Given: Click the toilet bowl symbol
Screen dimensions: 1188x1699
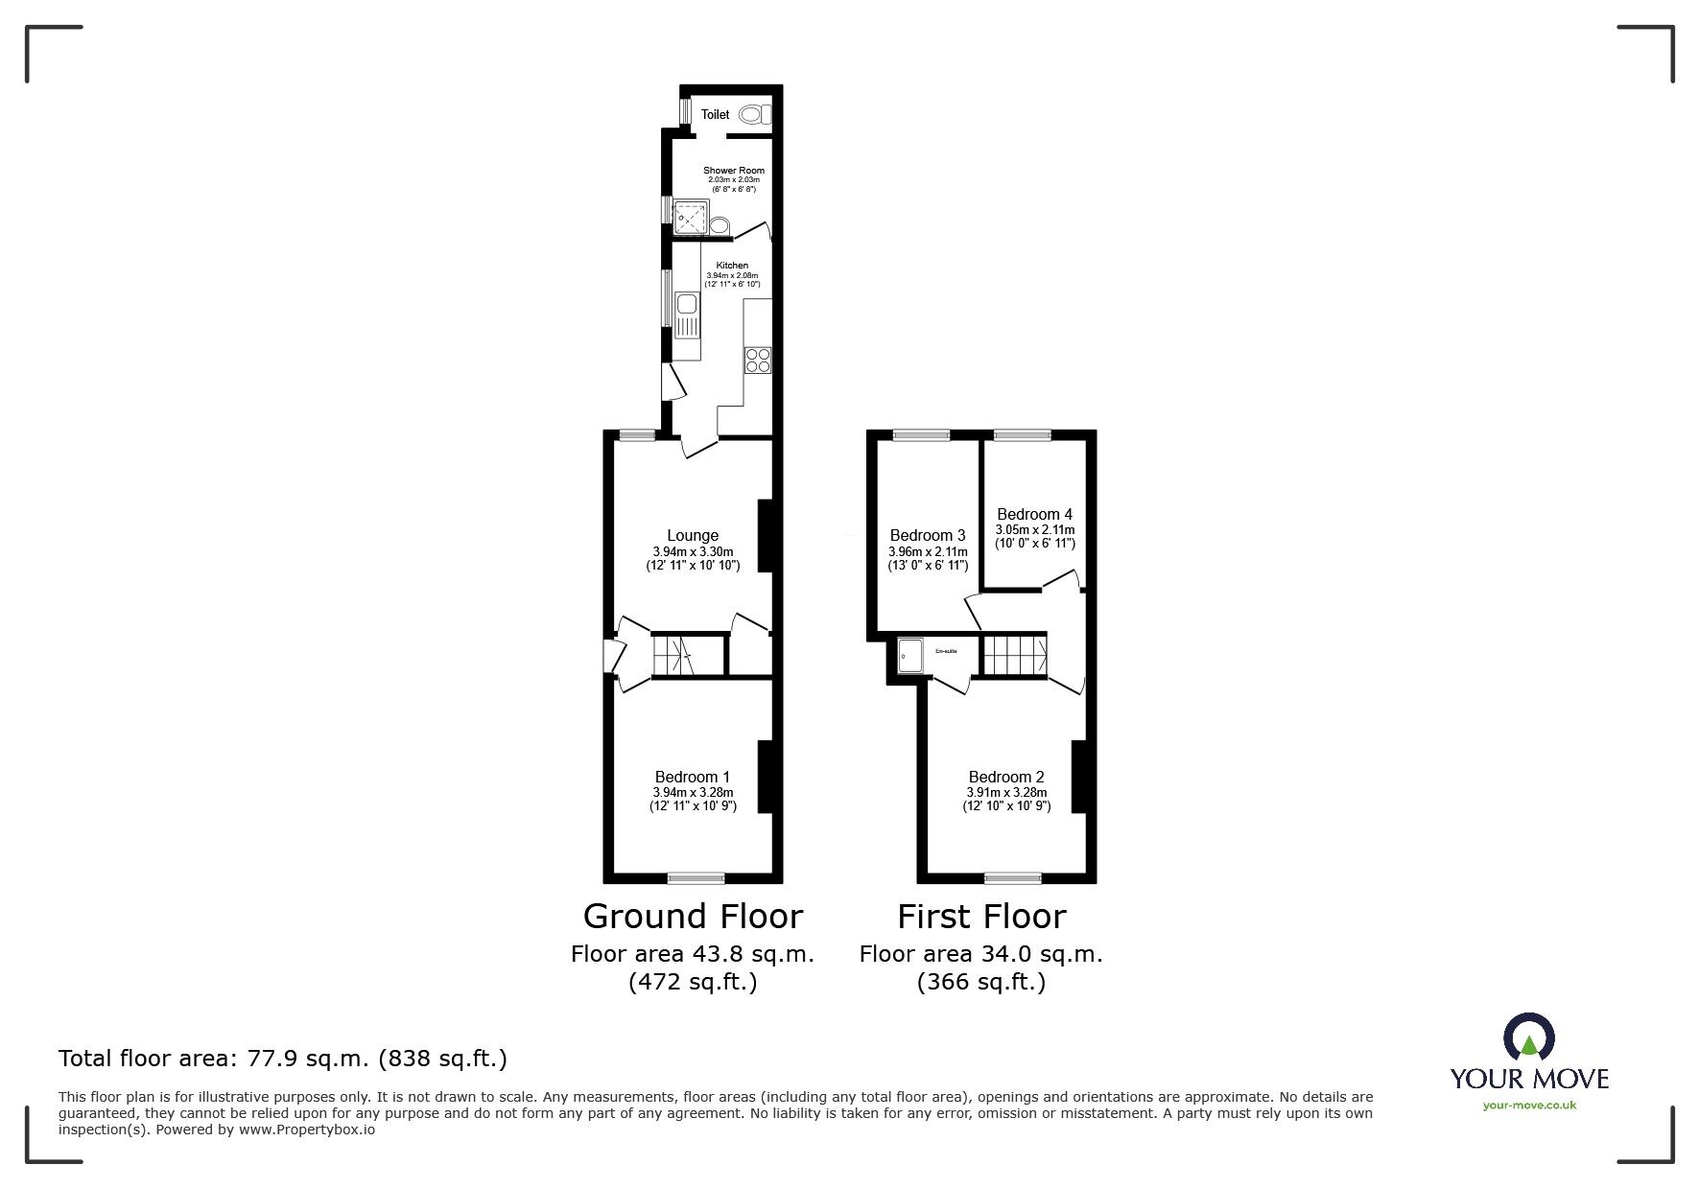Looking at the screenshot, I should (x=754, y=114).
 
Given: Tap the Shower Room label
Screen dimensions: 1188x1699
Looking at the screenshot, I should (x=734, y=171).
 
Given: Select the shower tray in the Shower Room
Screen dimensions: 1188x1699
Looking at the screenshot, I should (x=689, y=217).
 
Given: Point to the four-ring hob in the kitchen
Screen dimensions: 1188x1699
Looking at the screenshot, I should (x=757, y=361).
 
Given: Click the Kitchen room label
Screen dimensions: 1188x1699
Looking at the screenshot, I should (x=732, y=266).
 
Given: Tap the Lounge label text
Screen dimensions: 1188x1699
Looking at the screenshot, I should (x=693, y=536).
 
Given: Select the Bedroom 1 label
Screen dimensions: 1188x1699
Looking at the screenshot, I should (x=693, y=777).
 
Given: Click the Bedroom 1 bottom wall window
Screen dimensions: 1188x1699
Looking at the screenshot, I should (x=696, y=877).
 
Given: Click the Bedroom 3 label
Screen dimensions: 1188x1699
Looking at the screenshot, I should (x=928, y=535).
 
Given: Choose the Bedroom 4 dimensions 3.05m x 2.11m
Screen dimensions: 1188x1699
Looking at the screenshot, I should (x=1035, y=529).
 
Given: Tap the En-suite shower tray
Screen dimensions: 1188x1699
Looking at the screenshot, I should (x=909, y=657).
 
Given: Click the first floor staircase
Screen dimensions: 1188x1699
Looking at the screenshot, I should (x=1014, y=655).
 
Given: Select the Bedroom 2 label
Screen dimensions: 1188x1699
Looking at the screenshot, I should (x=1006, y=777).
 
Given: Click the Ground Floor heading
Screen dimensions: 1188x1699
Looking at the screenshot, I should (x=693, y=917).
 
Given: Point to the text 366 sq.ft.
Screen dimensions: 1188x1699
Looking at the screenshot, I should (x=981, y=982).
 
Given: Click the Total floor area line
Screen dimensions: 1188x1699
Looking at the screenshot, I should (x=283, y=1059).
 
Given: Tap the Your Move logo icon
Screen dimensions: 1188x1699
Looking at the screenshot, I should (x=1528, y=1037).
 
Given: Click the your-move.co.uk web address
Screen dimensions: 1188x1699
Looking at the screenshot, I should (x=1529, y=1106).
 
